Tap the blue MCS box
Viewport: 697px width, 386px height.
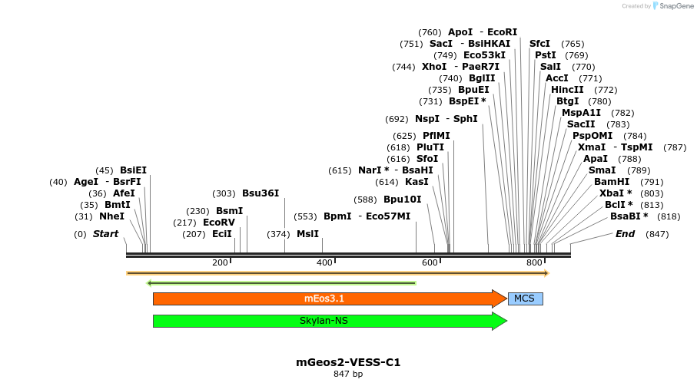click(x=525, y=299)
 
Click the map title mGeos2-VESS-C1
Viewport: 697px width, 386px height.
click(x=348, y=362)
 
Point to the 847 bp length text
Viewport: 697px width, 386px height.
click(x=348, y=374)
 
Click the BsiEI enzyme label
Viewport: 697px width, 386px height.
click(x=133, y=170)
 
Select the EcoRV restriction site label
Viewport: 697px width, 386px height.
click(x=219, y=223)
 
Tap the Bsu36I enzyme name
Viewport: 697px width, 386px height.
click(x=261, y=193)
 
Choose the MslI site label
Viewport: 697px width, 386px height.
click(x=307, y=234)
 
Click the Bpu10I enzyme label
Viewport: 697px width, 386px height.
click(x=403, y=200)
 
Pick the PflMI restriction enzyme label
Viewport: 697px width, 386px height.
click(x=436, y=136)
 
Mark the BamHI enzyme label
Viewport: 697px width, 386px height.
click(x=612, y=182)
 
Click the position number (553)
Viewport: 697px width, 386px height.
click(x=305, y=216)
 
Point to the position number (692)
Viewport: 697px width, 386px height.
click(x=396, y=119)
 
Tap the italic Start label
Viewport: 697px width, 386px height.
click(x=106, y=234)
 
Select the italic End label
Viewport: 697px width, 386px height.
click(x=625, y=234)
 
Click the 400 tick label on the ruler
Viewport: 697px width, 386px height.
click(x=324, y=263)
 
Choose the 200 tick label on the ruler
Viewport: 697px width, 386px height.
click(x=220, y=263)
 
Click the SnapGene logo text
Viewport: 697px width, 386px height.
click(x=676, y=6)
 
